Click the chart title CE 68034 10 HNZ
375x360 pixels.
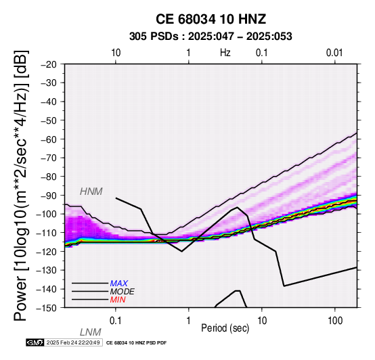(211, 19)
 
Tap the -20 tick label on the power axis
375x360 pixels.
(49, 64)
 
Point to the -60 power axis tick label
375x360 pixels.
(49, 139)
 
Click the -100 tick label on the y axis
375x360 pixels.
(47, 214)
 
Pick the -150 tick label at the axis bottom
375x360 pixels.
(47, 308)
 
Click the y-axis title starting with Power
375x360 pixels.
(21, 185)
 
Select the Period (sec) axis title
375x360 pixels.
(225, 328)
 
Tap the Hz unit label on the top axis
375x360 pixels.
(225, 53)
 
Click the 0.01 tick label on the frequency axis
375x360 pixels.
(334, 53)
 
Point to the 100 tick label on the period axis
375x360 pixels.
(335, 321)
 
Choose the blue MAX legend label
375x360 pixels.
(119, 284)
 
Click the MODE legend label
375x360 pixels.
(123, 292)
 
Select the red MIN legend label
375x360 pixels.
(118, 300)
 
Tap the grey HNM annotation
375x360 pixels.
(91, 192)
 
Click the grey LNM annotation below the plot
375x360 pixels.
(91, 332)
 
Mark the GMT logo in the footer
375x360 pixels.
(35, 342)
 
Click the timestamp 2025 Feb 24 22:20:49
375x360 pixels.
(73, 342)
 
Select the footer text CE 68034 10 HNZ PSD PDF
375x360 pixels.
(136, 343)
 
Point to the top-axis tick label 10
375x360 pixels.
(116, 53)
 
